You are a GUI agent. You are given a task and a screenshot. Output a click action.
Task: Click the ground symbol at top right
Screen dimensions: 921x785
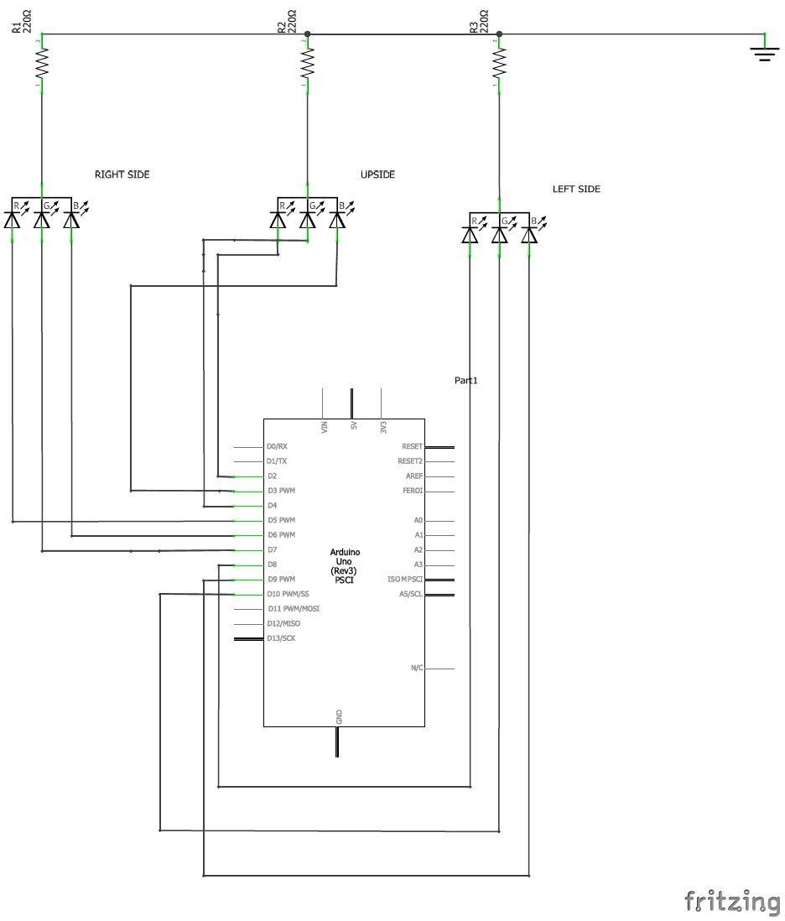point(763,53)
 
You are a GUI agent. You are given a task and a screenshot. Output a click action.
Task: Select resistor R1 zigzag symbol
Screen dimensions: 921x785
point(41,63)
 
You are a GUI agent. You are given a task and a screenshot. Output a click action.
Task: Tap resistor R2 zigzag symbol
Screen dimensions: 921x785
point(308,63)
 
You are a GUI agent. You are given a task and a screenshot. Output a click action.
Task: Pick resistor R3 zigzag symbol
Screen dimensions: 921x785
point(500,63)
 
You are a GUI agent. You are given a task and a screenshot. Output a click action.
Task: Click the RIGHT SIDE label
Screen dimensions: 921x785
point(122,174)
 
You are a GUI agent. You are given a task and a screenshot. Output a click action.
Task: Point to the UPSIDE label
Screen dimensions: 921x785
point(377,174)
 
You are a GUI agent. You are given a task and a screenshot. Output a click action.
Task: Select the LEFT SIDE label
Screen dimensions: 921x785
point(576,190)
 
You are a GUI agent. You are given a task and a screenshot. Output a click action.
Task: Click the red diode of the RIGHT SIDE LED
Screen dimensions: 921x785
point(13,220)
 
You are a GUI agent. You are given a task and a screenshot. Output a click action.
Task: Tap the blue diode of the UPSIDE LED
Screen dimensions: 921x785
point(337,220)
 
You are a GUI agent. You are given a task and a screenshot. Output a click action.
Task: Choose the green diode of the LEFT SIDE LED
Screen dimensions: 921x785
point(500,235)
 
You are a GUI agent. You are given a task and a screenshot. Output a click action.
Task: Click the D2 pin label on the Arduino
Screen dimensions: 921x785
point(272,476)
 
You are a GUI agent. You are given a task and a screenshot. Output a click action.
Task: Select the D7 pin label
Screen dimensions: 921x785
point(272,549)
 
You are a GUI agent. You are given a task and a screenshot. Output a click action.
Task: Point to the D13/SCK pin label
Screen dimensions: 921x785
point(280,638)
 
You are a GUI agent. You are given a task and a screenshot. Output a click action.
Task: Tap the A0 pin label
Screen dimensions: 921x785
point(418,520)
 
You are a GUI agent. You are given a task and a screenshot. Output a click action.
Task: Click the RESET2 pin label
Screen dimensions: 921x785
point(410,461)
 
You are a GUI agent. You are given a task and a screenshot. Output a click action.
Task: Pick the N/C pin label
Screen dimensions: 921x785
point(417,668)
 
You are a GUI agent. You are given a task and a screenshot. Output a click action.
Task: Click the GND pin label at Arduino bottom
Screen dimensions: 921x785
point(339,716)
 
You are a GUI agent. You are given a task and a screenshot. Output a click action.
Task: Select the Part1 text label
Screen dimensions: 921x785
point(465,380)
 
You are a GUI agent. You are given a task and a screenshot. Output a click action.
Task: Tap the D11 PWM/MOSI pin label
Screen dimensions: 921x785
point(293,609)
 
